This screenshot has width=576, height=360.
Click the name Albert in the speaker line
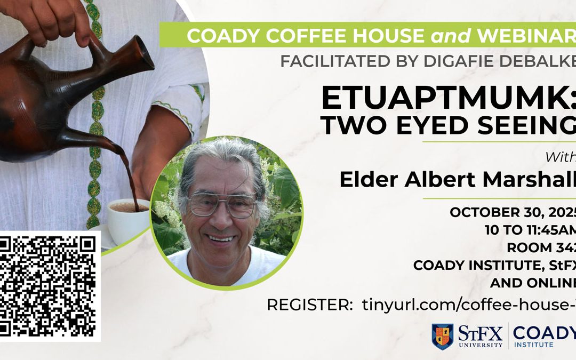pyautogui.click(x=438, y=180)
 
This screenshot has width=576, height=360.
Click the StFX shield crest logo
pyautogui.click(x=442, y=337)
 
